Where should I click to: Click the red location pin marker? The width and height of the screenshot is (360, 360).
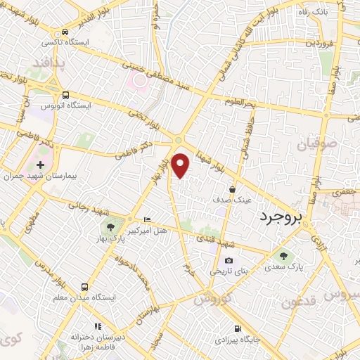click(181, 165)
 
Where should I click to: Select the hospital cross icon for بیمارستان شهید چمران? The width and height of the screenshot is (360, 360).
click(39, 165)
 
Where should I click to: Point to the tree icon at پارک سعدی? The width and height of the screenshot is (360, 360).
click(283, 256)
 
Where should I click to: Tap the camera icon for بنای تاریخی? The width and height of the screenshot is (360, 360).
click(229, 261)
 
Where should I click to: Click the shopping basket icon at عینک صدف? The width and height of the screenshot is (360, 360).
click(232, 188)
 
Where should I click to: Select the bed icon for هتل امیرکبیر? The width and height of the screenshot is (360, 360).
click(146, 219)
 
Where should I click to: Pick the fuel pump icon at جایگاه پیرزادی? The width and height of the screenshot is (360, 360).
click(238, 328)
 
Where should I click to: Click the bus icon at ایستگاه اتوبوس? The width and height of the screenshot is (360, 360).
click(65, 95)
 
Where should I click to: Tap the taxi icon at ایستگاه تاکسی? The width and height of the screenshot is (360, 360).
click(65, 32)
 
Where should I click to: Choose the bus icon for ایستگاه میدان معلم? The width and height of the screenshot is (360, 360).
click(84, 287)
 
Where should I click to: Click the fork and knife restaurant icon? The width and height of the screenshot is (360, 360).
click(98, 326)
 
